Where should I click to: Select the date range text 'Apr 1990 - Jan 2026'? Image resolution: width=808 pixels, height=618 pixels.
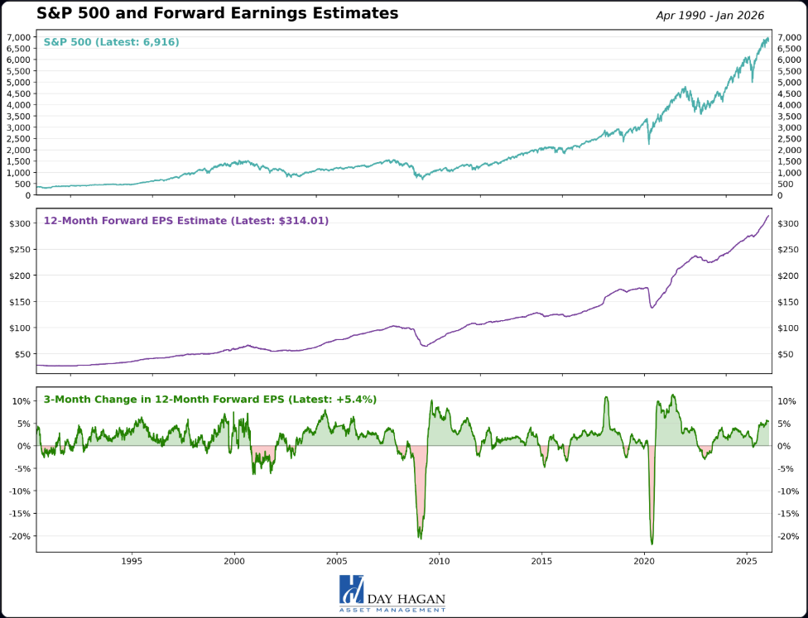[x=709, y=16]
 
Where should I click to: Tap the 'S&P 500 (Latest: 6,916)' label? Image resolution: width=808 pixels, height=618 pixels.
[x=111, y=42]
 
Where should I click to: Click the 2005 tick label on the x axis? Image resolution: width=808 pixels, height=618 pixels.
[x=337, y=561]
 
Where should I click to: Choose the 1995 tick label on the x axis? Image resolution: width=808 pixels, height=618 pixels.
[x=132, y=561]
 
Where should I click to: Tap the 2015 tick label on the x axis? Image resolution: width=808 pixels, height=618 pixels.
[x=542, y=561]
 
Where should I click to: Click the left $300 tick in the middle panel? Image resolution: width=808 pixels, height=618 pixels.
[x=20, y=223]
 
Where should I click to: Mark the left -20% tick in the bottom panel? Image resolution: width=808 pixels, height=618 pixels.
[x=18, y=536]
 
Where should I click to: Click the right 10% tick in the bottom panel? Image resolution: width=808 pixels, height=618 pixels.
[x=787, y=401]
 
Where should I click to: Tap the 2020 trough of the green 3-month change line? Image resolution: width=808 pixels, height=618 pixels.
[x=652, y=543]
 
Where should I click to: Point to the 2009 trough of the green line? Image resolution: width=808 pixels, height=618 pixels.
[x=420, y=538]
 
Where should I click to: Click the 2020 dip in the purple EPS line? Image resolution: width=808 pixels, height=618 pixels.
[x=652, y=308]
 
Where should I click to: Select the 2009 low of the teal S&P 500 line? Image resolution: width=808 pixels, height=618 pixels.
[x=421, y=178]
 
